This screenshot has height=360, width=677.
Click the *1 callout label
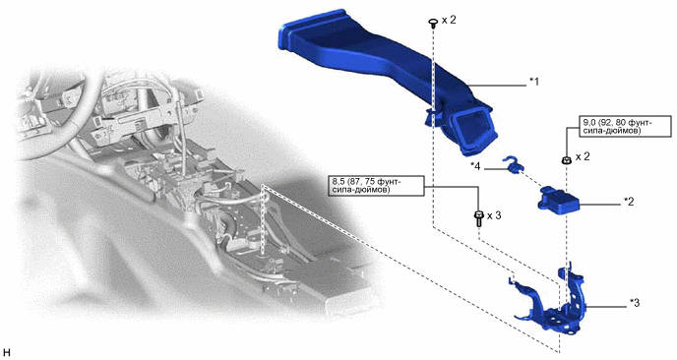pos(534,82)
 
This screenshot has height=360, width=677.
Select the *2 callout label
pos(629,202)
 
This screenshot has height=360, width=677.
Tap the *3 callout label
pos(634,303)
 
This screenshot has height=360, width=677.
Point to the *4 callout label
pos(475,166)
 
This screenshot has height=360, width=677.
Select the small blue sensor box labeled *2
pos(558,200)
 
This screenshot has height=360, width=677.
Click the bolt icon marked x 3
pos(479,217)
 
